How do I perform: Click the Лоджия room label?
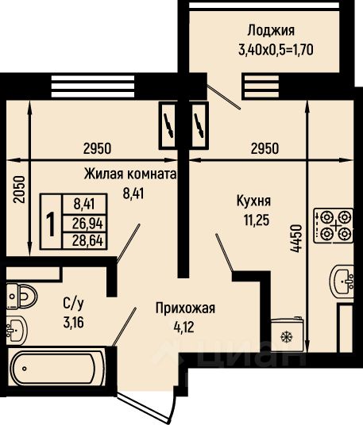[x=271, y=31]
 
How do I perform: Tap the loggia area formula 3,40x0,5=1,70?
[x=276, y=50]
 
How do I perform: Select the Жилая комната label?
[x=130, y=174]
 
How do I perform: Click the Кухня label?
[x=253, y=201]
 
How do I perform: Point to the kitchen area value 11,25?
[x=257, y=220]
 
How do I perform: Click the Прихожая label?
[x=185, y=308]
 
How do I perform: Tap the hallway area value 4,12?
[x=184, y=327]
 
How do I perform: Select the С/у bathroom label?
[x=73, y=304]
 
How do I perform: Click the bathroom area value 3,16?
[x=73, y=323]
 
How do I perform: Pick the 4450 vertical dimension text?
[x=295, y=239]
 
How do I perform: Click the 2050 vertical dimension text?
[x=20, y=190]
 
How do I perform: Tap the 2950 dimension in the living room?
[x=97, y=149]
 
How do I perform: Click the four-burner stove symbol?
[x=334, y=225]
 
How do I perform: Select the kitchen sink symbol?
[x=342, y=281]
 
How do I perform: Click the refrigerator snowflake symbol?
[x=285, y=337]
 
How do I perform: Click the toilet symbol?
[x=21, y=296]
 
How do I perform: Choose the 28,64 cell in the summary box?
[x=87, y=240]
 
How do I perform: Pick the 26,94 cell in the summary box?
[x=87, y=224]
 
